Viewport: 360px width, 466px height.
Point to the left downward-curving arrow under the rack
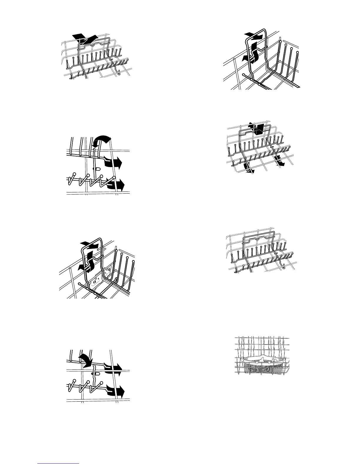(x=249, y=169)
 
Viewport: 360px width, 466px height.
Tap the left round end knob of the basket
(x=243, y=360)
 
